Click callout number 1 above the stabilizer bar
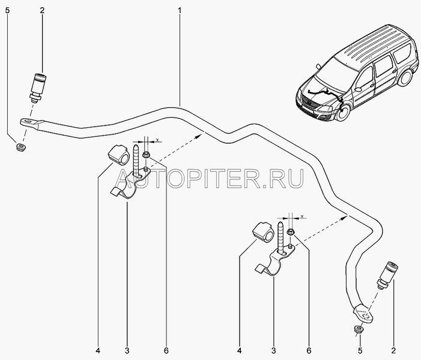(180, 11)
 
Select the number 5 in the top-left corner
(8, 11)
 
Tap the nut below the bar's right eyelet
(359, 329)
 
